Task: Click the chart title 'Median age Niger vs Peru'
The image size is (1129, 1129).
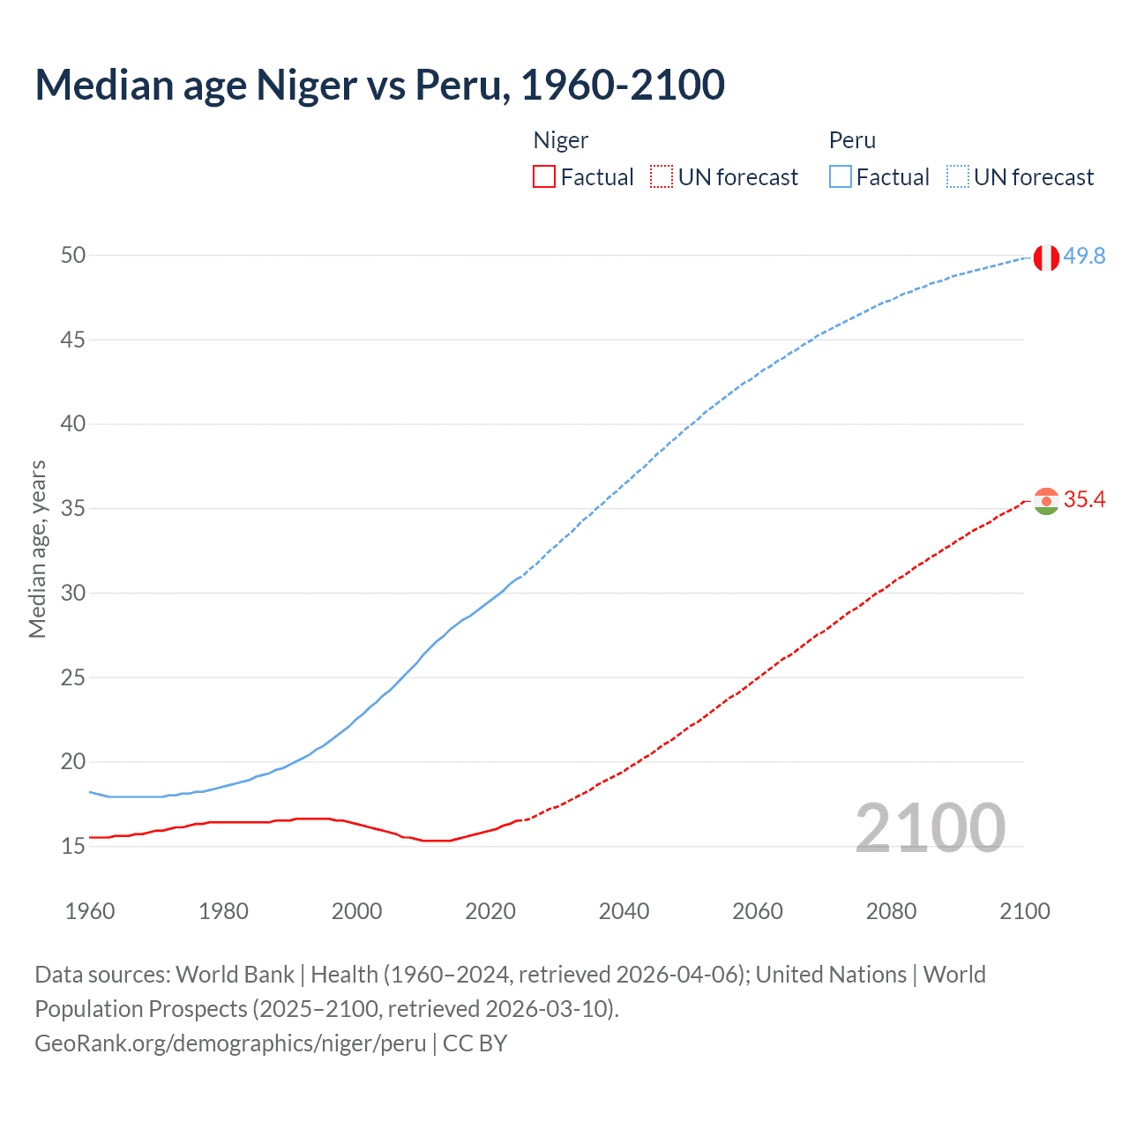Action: pyautogui.click(x=379, y=85)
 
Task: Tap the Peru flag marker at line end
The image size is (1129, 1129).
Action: pyautogui.click(x=1046, y=258)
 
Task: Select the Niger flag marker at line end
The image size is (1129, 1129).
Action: pyautogui.click(x=1046, y=501)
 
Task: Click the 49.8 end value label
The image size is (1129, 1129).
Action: pyautogui.click(x=1084, y=256)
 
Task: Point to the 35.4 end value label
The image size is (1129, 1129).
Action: pyautogui.click(x=1084, y=500)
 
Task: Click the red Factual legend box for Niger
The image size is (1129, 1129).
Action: pyautogui.click(x=544, y=177)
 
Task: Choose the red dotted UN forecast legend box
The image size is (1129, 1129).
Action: pyautogui.click(x=662, y=177)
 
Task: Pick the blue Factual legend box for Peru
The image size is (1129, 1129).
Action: pyautogui.click(x=840, y=177)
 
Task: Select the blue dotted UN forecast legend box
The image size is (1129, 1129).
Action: pyautogui.click(x=957, y=177)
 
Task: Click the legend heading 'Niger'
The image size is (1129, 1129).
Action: pyautogui.click(x=561, y=140)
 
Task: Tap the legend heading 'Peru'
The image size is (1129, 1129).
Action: pyautogui.click(x=852, y=140)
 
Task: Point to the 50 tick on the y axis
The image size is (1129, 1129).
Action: pyautogui.click(x=73, y=256)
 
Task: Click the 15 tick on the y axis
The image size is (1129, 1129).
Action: pyautogui.click(x=73, y=847)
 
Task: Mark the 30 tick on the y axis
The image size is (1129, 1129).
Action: pyautogui.click(x=73, y=594)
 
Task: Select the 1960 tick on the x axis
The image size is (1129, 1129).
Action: pyautogui.click(x=90, y=911)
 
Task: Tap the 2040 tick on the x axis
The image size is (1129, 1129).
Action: pyautogui.click(x=624, y=911)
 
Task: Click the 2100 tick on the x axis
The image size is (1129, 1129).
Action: pyautogui.click(x=1024, y=911)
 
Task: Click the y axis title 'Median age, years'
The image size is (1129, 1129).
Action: pyautogui.click(x=37, y=549)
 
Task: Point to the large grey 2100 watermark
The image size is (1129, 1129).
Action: pyautogui.click(x=930, y=828)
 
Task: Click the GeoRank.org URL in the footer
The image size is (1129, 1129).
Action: pyautogui.click(x=230, y=1043)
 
